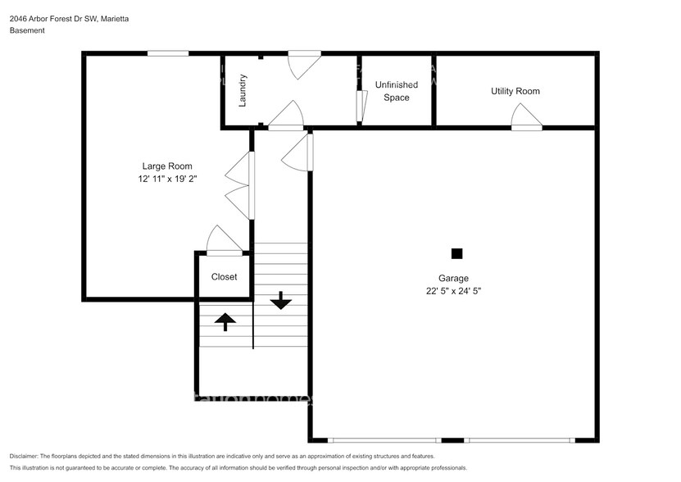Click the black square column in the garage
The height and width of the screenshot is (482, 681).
(x=456, y=253)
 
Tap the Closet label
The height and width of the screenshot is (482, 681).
(x=224, y=277)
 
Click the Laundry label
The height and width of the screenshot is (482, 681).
(x=243, y=91)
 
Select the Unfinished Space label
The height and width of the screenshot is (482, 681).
(x=397, y=91)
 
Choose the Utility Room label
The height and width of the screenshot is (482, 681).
(x=515, y=91)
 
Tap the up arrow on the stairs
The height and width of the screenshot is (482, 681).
(x=225, y=321)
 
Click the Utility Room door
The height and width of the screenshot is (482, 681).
(x=526, y=118)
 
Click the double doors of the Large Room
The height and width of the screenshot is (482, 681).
(x=238, y=185)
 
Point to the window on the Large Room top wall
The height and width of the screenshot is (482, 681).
(x=168, y=53)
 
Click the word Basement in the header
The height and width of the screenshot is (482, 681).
(x=27, y=30)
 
